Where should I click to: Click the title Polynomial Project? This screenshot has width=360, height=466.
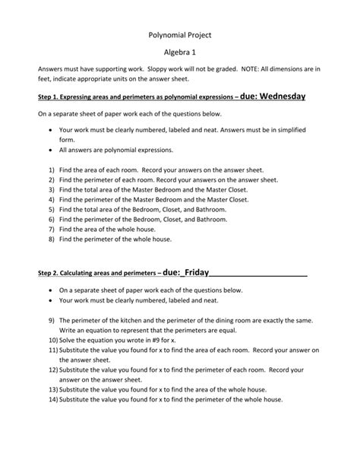(x=179, y=35)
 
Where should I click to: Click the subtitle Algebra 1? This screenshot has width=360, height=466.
(x=179, y=55)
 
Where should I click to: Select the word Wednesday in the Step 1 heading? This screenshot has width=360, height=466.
(x=271, y=97)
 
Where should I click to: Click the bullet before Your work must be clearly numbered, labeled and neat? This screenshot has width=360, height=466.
(x=51, y=300)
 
